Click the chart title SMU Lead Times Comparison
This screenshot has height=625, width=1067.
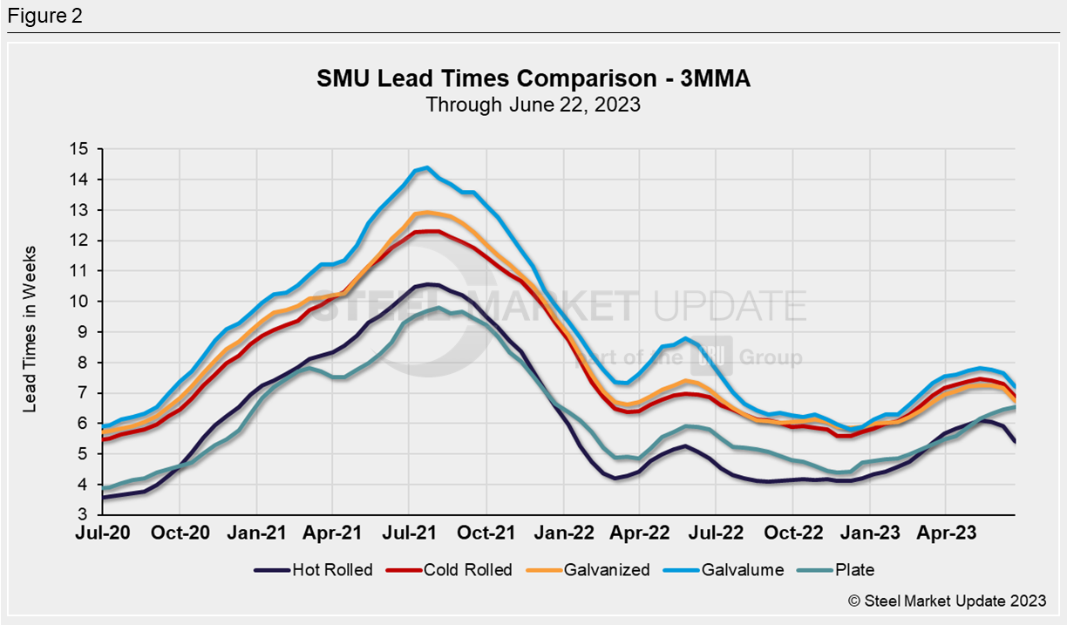(x=533, y=79)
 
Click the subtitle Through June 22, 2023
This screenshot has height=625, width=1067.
(x=533, y=105)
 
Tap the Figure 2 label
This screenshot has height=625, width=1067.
(x=44, y=17)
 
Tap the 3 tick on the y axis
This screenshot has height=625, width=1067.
(x=84, y=515)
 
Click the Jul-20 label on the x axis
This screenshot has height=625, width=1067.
(x=103, y=532)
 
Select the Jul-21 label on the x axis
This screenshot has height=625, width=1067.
(x=409, y=532)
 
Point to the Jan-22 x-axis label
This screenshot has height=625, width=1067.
(x=562, y=532)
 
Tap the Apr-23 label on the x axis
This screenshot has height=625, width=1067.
(x=945, y=532)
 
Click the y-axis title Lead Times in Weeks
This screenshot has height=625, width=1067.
(x=31, y=332)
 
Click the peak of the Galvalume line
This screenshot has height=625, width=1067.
(x=426, y=167)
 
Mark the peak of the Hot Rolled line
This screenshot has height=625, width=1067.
(x=427, y=284)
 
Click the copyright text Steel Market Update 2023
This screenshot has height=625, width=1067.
(x=947, y=601)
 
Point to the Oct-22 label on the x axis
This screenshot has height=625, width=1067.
(x=792, y=532)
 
